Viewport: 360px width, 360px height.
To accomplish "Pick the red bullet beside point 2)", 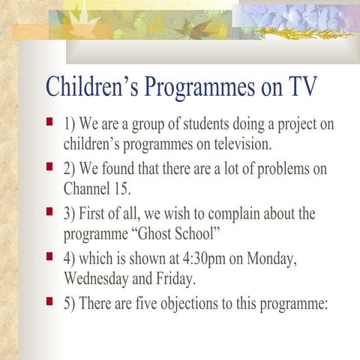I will (49, 164).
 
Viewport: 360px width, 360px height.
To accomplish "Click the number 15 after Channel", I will (124, 188).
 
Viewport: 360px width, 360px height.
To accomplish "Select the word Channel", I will (88, 188).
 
